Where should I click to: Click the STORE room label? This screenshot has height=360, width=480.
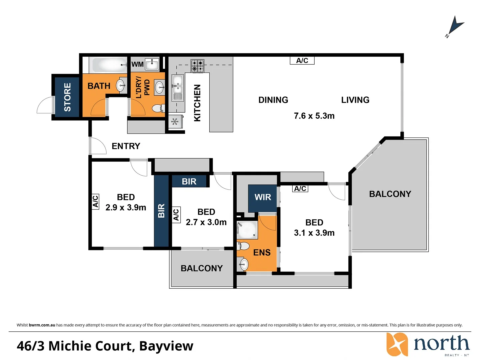(67, 97)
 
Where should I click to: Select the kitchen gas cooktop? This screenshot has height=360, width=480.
(197, 66)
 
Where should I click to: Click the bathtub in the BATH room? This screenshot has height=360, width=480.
(108, 65)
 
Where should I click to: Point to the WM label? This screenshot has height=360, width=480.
(137, 64)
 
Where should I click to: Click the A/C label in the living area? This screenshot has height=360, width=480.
(302, 61)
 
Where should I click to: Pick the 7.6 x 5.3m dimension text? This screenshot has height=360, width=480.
(314, 116)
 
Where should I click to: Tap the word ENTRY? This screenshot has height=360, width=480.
(126, 146)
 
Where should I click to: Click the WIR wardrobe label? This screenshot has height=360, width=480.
(263, 197)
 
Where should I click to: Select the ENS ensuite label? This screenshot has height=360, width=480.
(262, 253)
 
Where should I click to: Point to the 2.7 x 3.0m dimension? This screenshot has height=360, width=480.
(206, 222)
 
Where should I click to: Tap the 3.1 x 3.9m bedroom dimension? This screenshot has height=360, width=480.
(314, 233)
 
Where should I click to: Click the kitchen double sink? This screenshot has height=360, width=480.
(177, 88)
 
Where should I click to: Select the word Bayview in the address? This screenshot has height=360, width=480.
(166, 346)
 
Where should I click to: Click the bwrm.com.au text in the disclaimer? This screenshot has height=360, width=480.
(42, 325)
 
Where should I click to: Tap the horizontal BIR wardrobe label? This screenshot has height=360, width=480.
(189, 181)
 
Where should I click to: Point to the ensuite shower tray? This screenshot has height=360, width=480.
(247, 230)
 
